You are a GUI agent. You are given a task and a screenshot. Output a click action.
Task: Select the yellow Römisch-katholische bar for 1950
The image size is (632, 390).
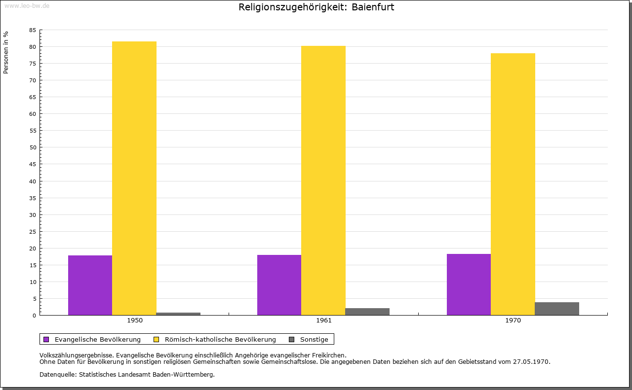(x=134, y=178)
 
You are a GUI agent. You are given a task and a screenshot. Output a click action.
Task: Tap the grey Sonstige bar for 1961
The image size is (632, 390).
(x=367, y=312)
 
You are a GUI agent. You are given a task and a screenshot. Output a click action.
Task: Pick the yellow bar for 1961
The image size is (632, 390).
(x=323, y=180)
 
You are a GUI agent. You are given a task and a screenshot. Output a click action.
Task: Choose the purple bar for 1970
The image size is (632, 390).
(x=469, y=284)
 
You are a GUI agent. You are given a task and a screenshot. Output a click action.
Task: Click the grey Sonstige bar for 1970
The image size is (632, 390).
(x=557, y=309)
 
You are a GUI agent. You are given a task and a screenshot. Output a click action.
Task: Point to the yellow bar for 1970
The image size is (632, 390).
(x=513, y=184)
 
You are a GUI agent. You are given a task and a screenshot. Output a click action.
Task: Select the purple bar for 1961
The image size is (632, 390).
(x=279, y=285)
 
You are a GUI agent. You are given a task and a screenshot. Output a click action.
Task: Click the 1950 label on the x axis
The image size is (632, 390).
(x=135, y=320)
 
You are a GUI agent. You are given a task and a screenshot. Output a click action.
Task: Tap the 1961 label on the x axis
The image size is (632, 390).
(x=324, y=320)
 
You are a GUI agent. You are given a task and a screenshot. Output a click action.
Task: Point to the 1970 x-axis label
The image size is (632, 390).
(x=513, y=320)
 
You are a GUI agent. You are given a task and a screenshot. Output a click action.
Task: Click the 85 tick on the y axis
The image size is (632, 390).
(x=33, y=30)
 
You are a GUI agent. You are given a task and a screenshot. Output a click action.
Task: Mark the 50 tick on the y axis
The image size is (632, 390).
(x=33, y=147)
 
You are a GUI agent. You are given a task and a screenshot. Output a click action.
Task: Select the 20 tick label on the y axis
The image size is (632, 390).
(x=33, y=248)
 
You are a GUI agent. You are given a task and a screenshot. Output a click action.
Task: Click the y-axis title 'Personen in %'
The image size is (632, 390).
(x=6, y=52)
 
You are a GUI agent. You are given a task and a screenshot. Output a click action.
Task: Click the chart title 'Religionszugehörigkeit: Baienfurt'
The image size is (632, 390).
(x=316, y=7)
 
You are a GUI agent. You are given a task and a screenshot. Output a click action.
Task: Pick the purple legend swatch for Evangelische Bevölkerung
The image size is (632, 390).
(x=46, y=339)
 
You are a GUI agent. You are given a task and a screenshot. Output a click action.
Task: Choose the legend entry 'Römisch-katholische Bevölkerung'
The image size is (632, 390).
(x=220, y=339)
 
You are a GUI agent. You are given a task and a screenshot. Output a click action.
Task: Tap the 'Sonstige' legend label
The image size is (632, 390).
(x=314, y=339)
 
